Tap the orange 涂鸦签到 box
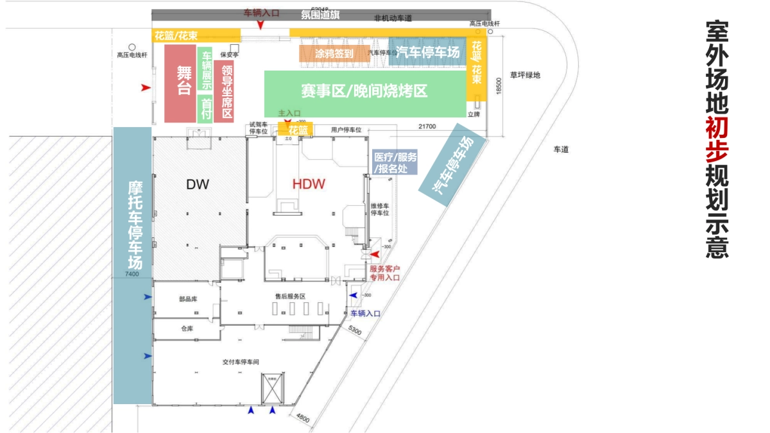click(334, 54)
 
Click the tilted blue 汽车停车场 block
click(452, 165)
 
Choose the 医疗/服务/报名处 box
click(395, 162)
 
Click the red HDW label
click(309, 184)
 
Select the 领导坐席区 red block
click(226, 90)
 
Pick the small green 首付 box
click(205, 108)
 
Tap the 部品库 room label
click(187, 299)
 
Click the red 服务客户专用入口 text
click(384, 273)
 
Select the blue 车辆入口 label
click(365, 314)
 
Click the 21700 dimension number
click(426, 126)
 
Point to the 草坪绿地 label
click(525, 75)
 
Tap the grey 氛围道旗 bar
click(321, 14)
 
